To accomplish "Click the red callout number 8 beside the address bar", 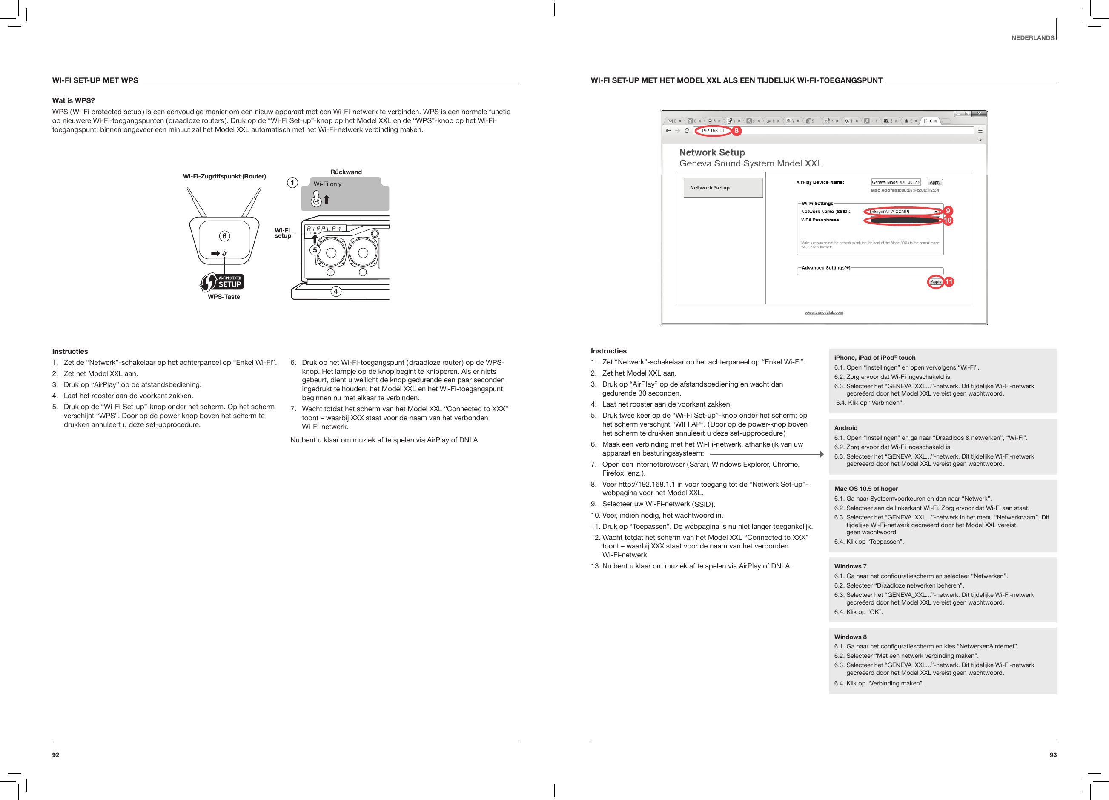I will click(x=736, y=131).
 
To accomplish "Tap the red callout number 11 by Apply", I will click(x=949, y=282).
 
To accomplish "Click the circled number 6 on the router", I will click(x=224, y=236).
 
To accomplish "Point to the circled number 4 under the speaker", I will click(x=335, y=292).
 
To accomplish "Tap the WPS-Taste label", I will click(x=224, y=297).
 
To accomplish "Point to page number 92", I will click(x=56, y=754).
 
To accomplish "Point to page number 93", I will click(x=1053, y=754).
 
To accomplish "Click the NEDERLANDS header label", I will click(x=1032, y=37).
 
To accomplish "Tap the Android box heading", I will click(x=845, y=428).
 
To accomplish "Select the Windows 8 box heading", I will click(x=850, y=637).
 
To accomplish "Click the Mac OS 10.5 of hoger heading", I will click(x=865, y=488).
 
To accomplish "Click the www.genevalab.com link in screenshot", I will click(x=823, y=312).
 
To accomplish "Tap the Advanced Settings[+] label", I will click(x=825, y=268).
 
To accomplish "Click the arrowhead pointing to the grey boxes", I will click(x=822, y=454).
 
